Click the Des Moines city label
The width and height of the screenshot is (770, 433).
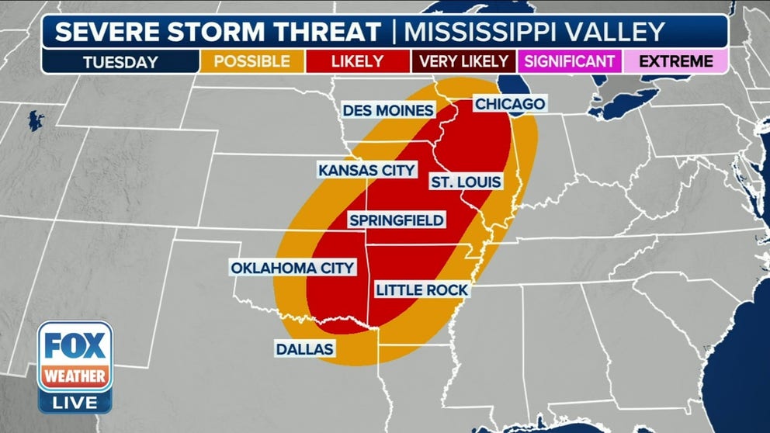387,111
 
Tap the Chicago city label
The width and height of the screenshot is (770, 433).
509,104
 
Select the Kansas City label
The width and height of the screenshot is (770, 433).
366,170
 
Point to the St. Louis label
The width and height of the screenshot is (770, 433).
465,182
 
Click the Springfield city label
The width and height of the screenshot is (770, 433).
396,220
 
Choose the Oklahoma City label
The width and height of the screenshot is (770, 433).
292,268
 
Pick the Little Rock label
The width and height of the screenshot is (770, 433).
421,290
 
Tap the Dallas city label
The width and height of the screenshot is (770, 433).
304,349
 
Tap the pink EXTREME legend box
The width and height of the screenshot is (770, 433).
676,61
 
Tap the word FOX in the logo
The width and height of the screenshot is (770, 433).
75,344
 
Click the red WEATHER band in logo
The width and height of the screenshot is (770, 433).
75,376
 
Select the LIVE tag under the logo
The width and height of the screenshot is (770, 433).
75,402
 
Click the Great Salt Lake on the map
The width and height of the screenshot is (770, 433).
36,121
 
